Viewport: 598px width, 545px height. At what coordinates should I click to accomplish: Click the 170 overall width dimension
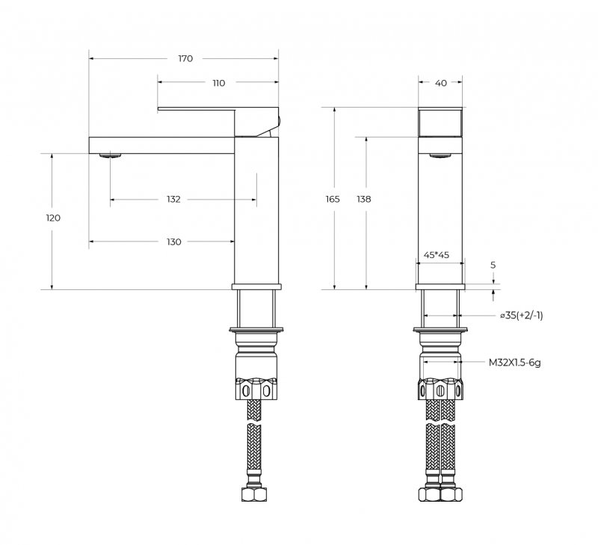[x=185, y=58]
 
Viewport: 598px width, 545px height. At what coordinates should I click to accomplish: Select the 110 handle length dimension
[x=218, y=83]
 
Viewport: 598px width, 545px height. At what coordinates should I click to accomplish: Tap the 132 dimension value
[x=173, y=200]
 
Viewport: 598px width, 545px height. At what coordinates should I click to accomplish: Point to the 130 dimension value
[x=173, y=242]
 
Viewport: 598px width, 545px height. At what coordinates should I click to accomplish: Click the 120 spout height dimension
[x=52, y=218]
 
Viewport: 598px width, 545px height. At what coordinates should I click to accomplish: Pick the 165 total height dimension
[x=333, y=200]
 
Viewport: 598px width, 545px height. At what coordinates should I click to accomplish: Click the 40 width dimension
[x=440, y=83]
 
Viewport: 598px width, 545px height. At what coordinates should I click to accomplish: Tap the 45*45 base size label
[x=437, y=255]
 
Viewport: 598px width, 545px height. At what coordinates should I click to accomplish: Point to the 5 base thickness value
[x=493, y=265]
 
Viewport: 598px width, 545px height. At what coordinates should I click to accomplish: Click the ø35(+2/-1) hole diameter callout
[x=522, y=315]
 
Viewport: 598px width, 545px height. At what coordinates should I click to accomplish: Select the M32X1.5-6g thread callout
[x=514, y=363]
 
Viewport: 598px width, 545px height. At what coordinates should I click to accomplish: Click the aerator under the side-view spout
[x=110, y=156]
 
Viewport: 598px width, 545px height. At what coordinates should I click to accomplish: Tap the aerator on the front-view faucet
[x=440, y=156]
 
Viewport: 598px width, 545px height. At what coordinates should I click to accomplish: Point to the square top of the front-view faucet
[x=440, y=121]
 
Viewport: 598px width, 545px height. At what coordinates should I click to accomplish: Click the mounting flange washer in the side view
[x=257, y=330]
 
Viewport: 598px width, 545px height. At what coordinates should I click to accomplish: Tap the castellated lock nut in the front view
[x=440, y=390]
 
